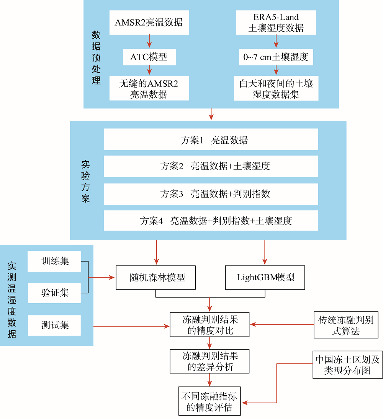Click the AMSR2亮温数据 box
[x=149, y=23]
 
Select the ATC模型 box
[x=149, y=57]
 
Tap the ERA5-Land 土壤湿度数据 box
[x=276, y=23]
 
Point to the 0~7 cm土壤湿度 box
[x=276, y=57]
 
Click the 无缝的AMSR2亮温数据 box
[x=149, y=88]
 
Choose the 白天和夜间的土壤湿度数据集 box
[x=276, y=88]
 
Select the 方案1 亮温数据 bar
[x=211, y=139]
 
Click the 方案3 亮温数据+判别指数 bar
[x=211, y=194]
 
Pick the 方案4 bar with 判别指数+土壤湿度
[x=211, y=221]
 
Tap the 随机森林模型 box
[x=155, y=278]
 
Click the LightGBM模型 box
[x=265, y=278]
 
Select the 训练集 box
[x=54, y=261]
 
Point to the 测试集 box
[x=54, y=325]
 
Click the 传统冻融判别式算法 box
[x=346, y=325]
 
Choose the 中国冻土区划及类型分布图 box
[x=348, y=365]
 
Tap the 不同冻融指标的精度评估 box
[x=210, y=401]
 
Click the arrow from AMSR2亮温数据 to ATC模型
[x=149, y=41]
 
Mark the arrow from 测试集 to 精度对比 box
[x=131, y=326]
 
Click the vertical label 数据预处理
[x=96, y=57]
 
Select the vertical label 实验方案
[x=85, y=181]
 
